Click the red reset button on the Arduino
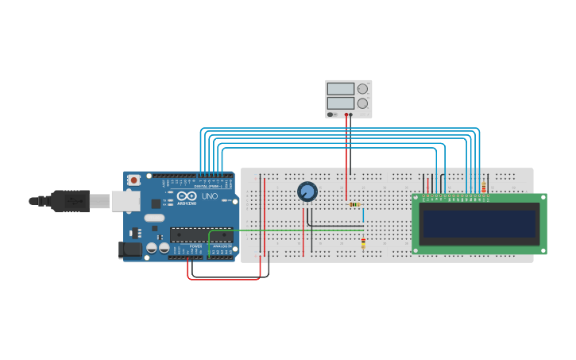point(133,180)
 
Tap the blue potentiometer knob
point(307,192)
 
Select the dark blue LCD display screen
point(480,223)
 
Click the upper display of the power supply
point(340,89)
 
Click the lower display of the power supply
point(340,103)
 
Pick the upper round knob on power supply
point(362,89)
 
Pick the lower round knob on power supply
point(362,103)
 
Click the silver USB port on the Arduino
point(125,202)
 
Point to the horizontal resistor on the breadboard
point(354,204)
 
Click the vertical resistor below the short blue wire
point(363,242)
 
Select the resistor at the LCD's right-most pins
point(484,188)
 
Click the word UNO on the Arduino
point(210,196)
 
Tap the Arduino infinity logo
point(187,196)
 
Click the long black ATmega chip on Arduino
point(202,234)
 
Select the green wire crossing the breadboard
point(286,230)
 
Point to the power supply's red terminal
point(346,114)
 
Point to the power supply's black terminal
point(350,114)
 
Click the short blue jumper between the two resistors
point(363,215)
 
